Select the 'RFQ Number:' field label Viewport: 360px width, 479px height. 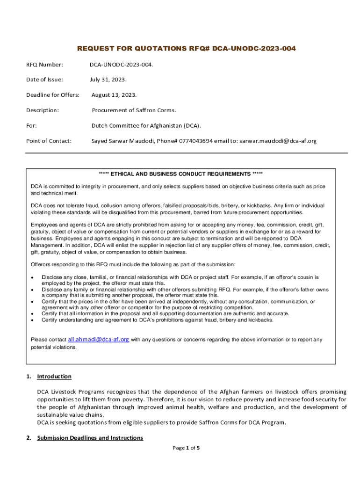(x=44, y=64)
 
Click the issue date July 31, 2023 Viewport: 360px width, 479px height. (x=108, y=80)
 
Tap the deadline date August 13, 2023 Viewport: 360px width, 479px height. (x=114, y=95)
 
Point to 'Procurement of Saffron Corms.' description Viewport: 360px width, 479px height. (x=134, y=110)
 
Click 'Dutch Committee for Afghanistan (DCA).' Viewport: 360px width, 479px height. (x=146, y=126)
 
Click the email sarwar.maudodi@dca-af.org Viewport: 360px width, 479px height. (x=278, y=141)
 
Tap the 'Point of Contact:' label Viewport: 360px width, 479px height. (x=49, y=141)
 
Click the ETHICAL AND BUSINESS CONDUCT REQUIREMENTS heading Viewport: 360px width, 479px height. (x=180, y=174)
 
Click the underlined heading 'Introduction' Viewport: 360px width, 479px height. (x=54, y=377)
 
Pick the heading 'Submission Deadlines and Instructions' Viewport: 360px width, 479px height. (x=90, y=438)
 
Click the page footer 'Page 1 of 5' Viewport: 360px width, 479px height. (x=186, y=448)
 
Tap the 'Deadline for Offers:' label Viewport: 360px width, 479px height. (x=52, y=95)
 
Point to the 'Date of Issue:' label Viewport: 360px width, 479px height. (x=44, y=80)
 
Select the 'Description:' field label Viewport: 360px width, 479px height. (x=43, y=110)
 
